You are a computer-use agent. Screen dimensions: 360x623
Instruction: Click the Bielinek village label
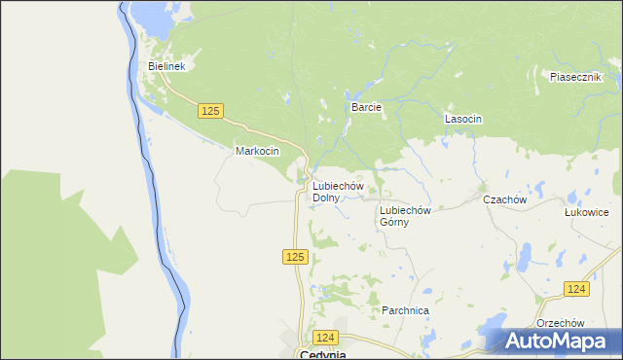click(x=166, y=66)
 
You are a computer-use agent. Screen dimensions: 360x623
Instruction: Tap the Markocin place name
click(x=257, y=152)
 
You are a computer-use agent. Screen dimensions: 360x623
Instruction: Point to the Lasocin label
click(x=463, y=119)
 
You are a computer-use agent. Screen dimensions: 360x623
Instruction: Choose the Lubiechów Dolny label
click(x=337, y=192)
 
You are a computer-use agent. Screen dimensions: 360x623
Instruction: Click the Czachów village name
click(x=505, y=199)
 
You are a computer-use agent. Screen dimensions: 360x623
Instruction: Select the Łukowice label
click(x=587, y=211)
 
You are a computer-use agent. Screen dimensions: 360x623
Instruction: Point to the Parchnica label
click(x=406, y=310)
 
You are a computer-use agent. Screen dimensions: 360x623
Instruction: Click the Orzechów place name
click(x=560, y=323)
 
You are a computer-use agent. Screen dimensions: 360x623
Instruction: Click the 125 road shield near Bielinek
click(x=210, y=111)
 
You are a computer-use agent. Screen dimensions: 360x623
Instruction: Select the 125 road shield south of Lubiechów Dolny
click(x=297, y=257)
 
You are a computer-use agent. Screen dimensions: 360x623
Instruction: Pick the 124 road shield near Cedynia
click(x=325, y=337)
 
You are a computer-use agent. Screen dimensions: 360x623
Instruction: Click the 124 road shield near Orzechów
click(x=576, y=289)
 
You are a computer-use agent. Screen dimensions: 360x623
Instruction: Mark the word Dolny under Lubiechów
click(x=326, y=198)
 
